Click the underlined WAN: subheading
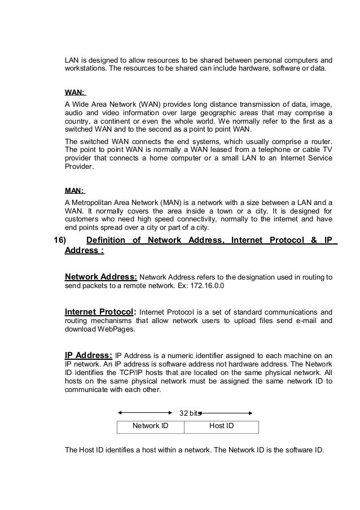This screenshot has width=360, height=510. pyautogui.click(x=75, y=91)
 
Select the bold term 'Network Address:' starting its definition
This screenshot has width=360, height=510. pyautogui.click(x=101, y=277)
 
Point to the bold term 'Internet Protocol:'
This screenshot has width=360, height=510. pyautogui.click(x=100, y=311)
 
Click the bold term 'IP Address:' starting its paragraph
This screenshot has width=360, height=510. pyautogui.click(x=89, y=355)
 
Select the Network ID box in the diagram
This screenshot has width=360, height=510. pyautogui.click(x=150, y=426)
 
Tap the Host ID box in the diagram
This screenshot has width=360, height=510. pyautogui.click(x=221, y=426)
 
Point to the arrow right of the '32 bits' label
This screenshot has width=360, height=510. pyautogui.click(x=229, y=413)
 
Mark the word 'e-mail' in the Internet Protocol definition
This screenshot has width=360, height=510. pyautogui.click(x=289, y=321)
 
